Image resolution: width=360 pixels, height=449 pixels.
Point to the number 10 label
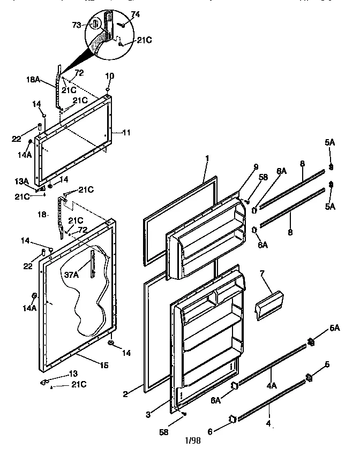(x=109, y=75)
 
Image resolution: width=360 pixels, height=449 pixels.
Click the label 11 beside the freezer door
(x=127, y=132)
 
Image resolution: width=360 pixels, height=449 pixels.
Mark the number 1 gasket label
(x=206, y=158)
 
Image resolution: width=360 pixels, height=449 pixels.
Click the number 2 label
(x=125, y=394)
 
